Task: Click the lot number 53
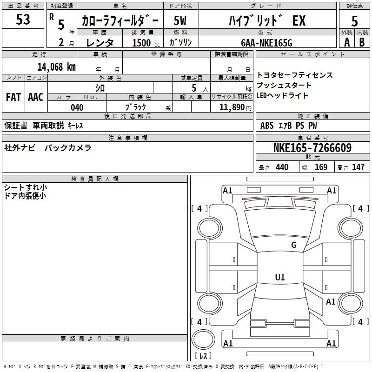click(x=23, y=20)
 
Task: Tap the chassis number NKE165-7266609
click(x=312, y=148)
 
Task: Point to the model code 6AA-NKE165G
click(x=266, y=43)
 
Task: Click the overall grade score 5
click(x=354, y=21)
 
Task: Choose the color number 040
click(x=77, y=107)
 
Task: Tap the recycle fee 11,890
click(x=235, y=107)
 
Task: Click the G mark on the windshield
click(x=293, y=245)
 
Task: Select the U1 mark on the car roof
click(x=280, y=278)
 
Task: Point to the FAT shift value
click(x=13, y=97)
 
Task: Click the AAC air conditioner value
click(x=36, y=97)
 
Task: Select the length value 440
click(x=282, y=167)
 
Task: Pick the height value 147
click(x=358, y=167)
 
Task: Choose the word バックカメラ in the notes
click(x=68, y=148)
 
